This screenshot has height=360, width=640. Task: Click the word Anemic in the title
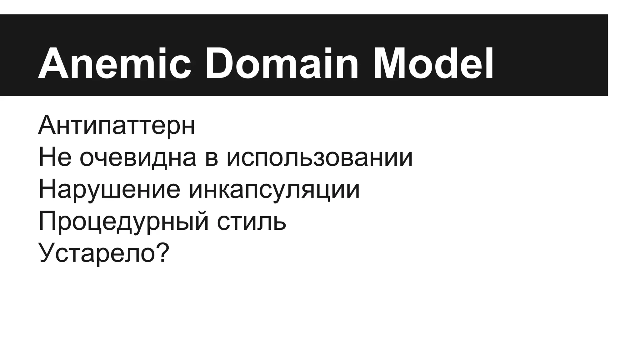point(114,64)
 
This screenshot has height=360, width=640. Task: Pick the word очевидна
point(138,157)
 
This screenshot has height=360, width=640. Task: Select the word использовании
point(320,157)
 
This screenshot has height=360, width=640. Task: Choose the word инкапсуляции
point(274,190)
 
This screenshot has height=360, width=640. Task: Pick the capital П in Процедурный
point(47,221)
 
